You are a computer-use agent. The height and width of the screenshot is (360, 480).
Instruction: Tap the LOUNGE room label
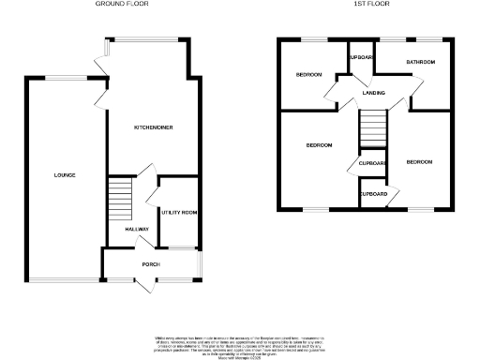(x=65, y=175)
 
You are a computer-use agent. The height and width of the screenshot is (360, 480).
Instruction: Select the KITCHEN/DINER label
(x=153, y=127)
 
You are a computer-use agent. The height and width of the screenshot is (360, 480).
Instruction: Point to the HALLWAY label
(x=125, y=228)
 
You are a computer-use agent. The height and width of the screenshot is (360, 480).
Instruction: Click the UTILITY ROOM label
(x=177, y=213)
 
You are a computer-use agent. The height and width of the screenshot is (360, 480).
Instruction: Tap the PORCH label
(x=151, y=264)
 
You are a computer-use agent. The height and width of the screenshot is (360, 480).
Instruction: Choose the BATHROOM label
(x=420, y=63)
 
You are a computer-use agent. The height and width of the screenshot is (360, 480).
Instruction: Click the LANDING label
(x=373, y=93)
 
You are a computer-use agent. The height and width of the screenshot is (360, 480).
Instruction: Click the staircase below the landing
(x=373, y=128)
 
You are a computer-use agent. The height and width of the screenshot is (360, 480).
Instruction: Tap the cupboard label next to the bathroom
(x=361, y=57)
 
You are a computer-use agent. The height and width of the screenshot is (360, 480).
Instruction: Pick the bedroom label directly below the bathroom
(x=419, y=161)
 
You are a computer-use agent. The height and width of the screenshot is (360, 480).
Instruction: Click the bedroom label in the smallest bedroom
(x=308, y=74)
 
